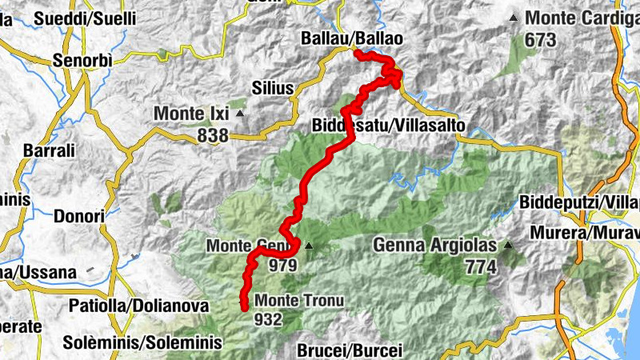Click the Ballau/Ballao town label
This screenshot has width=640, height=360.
click(352, 38)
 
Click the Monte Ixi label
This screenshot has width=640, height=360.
click(192, 114)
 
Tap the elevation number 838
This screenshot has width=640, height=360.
click(213, 136)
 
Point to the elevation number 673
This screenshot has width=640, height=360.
click(542, 38)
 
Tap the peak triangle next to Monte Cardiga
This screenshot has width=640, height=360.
click(514, 18)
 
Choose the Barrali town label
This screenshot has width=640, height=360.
click(50, 150)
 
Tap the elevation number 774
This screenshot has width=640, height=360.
click(480, 267)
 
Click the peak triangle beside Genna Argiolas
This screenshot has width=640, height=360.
click(507, 246)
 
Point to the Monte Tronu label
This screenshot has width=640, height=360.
click(299, 301)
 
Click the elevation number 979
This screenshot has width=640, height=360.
click(284, 266)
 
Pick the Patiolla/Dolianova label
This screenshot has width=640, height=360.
click(139, 306)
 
